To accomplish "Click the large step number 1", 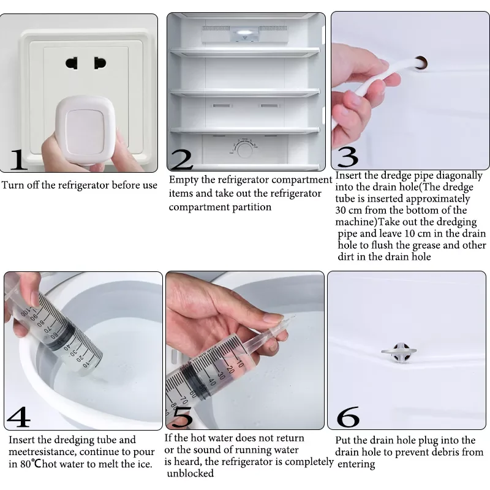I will point(18,159).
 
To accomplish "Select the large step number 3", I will point(347,157).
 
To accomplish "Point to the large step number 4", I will point(19,417).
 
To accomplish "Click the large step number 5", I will point(183,417).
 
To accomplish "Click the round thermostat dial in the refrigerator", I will point(246,149).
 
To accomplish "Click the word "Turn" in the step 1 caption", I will point(13,185).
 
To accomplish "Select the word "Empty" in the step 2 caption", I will point(182,180).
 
